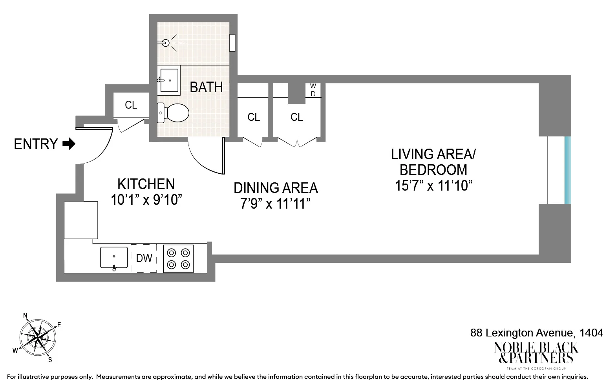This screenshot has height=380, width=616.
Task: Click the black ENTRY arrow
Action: [69, 144]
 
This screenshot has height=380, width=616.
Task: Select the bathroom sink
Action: [170, 80]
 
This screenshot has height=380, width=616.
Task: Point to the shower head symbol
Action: [166, 43]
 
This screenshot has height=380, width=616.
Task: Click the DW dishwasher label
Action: [144, 258]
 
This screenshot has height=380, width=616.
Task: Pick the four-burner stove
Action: [178, 258]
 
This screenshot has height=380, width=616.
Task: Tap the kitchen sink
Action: [114, 257]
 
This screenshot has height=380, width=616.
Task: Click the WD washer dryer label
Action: [313, 90]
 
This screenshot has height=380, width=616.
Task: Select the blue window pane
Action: [567, 170]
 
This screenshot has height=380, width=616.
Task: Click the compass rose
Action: [37, 337]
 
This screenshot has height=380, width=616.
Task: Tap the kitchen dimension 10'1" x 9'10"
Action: [146, 200]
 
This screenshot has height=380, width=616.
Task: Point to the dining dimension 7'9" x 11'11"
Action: [276, 204]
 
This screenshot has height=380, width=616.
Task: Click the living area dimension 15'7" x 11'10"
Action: [433, 185]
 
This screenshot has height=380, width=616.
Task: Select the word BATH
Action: [206, 87]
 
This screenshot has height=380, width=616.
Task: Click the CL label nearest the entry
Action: [131, 105]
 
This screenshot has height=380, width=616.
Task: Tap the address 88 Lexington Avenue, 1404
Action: [536, 333]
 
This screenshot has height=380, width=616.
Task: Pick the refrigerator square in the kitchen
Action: [81, 220]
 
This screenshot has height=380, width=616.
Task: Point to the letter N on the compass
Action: [26, 315]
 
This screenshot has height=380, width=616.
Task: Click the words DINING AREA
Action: [276, 188]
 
